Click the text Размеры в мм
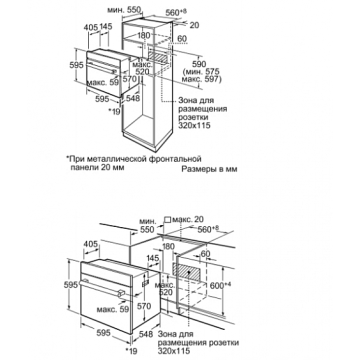[x=209, y=169]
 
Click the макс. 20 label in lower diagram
[x=189, y=219]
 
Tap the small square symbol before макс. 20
[x=167, y=219]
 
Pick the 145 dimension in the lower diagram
[x=153, y=257]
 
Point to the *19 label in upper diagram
[x=115, y=111]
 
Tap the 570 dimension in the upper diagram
[x=129, y=79]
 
